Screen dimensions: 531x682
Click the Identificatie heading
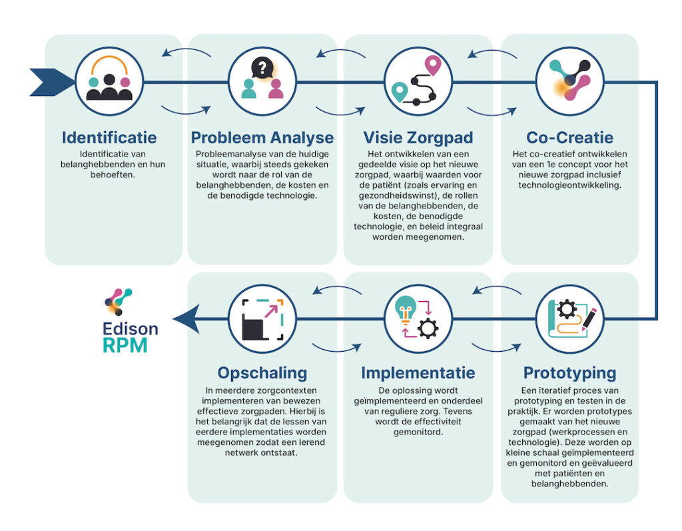(x=109, y=138)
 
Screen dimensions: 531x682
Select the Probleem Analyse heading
(x=262, y=138)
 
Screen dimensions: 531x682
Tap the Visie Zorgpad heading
(x=418, y=138)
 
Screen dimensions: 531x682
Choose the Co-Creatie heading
(x=569, y=138)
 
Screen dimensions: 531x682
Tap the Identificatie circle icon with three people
(x=109, y=83)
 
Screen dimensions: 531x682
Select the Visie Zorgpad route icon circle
(x=418, y=83)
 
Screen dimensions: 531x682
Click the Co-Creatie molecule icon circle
(x=569, y=83)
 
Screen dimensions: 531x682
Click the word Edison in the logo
(x=131, y=329)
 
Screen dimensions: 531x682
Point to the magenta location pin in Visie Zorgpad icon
(x=434, y=66)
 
